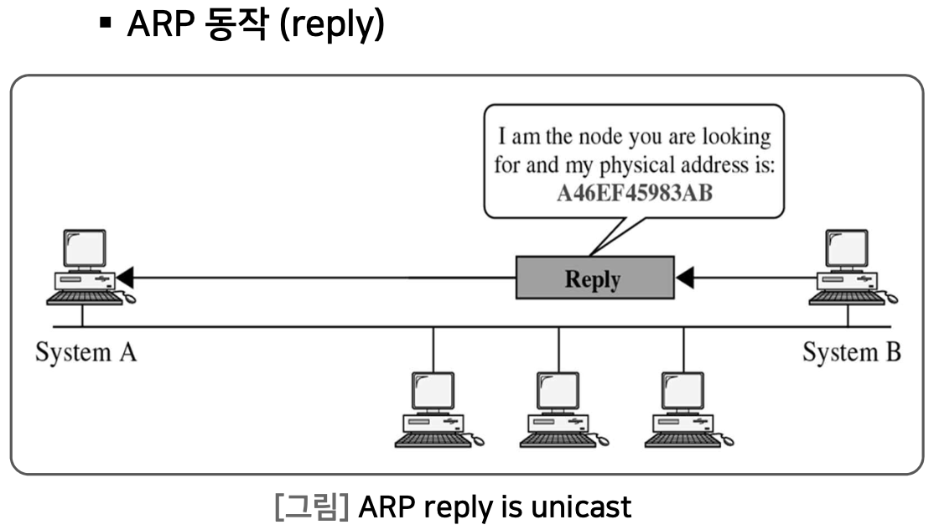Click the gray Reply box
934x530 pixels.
coord(594,278)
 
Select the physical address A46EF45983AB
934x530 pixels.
coord(634,192)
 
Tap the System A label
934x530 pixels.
coord(86,352)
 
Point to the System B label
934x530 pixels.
coord(851,352)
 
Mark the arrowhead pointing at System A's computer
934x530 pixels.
coord(125,277)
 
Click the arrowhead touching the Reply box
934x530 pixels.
coord(685,277)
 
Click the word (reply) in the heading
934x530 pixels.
coord(331,26)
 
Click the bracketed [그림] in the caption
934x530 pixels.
coord(311,507)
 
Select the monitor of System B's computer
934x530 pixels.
coord(847,248)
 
